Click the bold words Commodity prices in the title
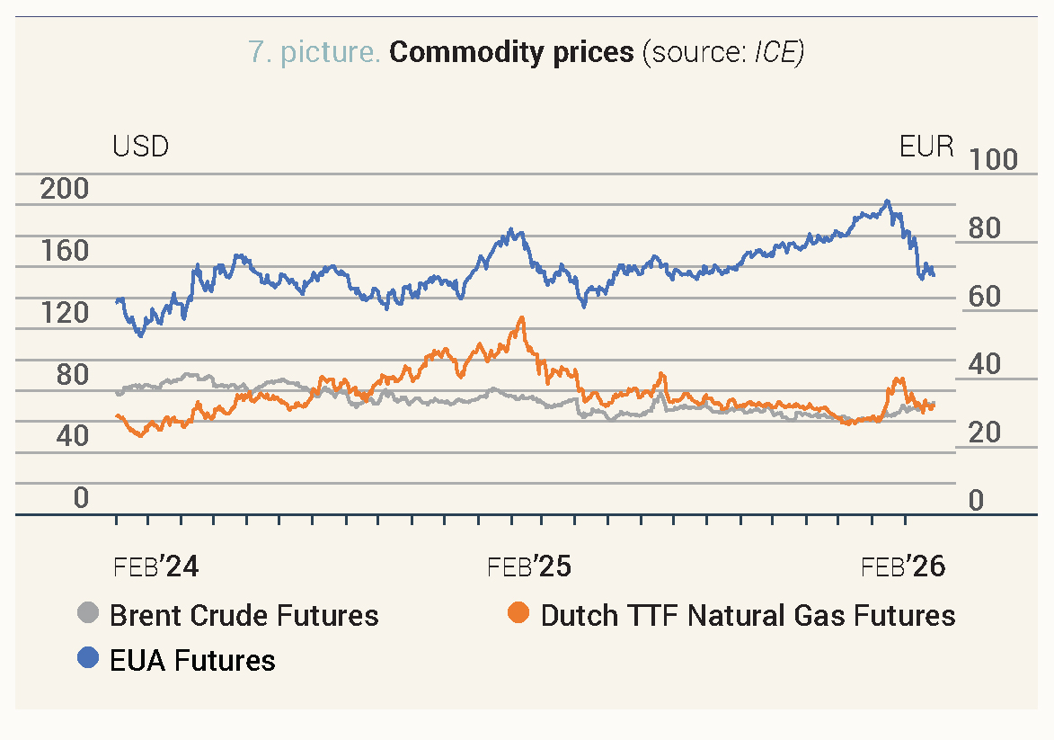tap(511, 52)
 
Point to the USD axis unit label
tap(140, 146)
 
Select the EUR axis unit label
tap(926, 146)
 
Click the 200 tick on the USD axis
tap(66, 190)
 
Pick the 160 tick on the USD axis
tap(66, 251)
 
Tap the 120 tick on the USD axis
tap(66, 313)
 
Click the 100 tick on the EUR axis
tap(992, 160)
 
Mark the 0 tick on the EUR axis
tap(976, 501)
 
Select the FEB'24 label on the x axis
tap(156, 567)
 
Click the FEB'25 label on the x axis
tap(529, 567)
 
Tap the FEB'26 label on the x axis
tap(903, 567)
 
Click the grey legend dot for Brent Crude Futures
tap(88, 615)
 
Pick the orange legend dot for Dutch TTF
tap(518, 615)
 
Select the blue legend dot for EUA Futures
tap(88, 660)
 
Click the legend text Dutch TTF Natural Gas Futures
tap(748, 615)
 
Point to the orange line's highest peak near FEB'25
tap(522, 317)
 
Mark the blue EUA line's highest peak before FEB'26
tap(887, 201)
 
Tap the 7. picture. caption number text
tap(314, 52)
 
